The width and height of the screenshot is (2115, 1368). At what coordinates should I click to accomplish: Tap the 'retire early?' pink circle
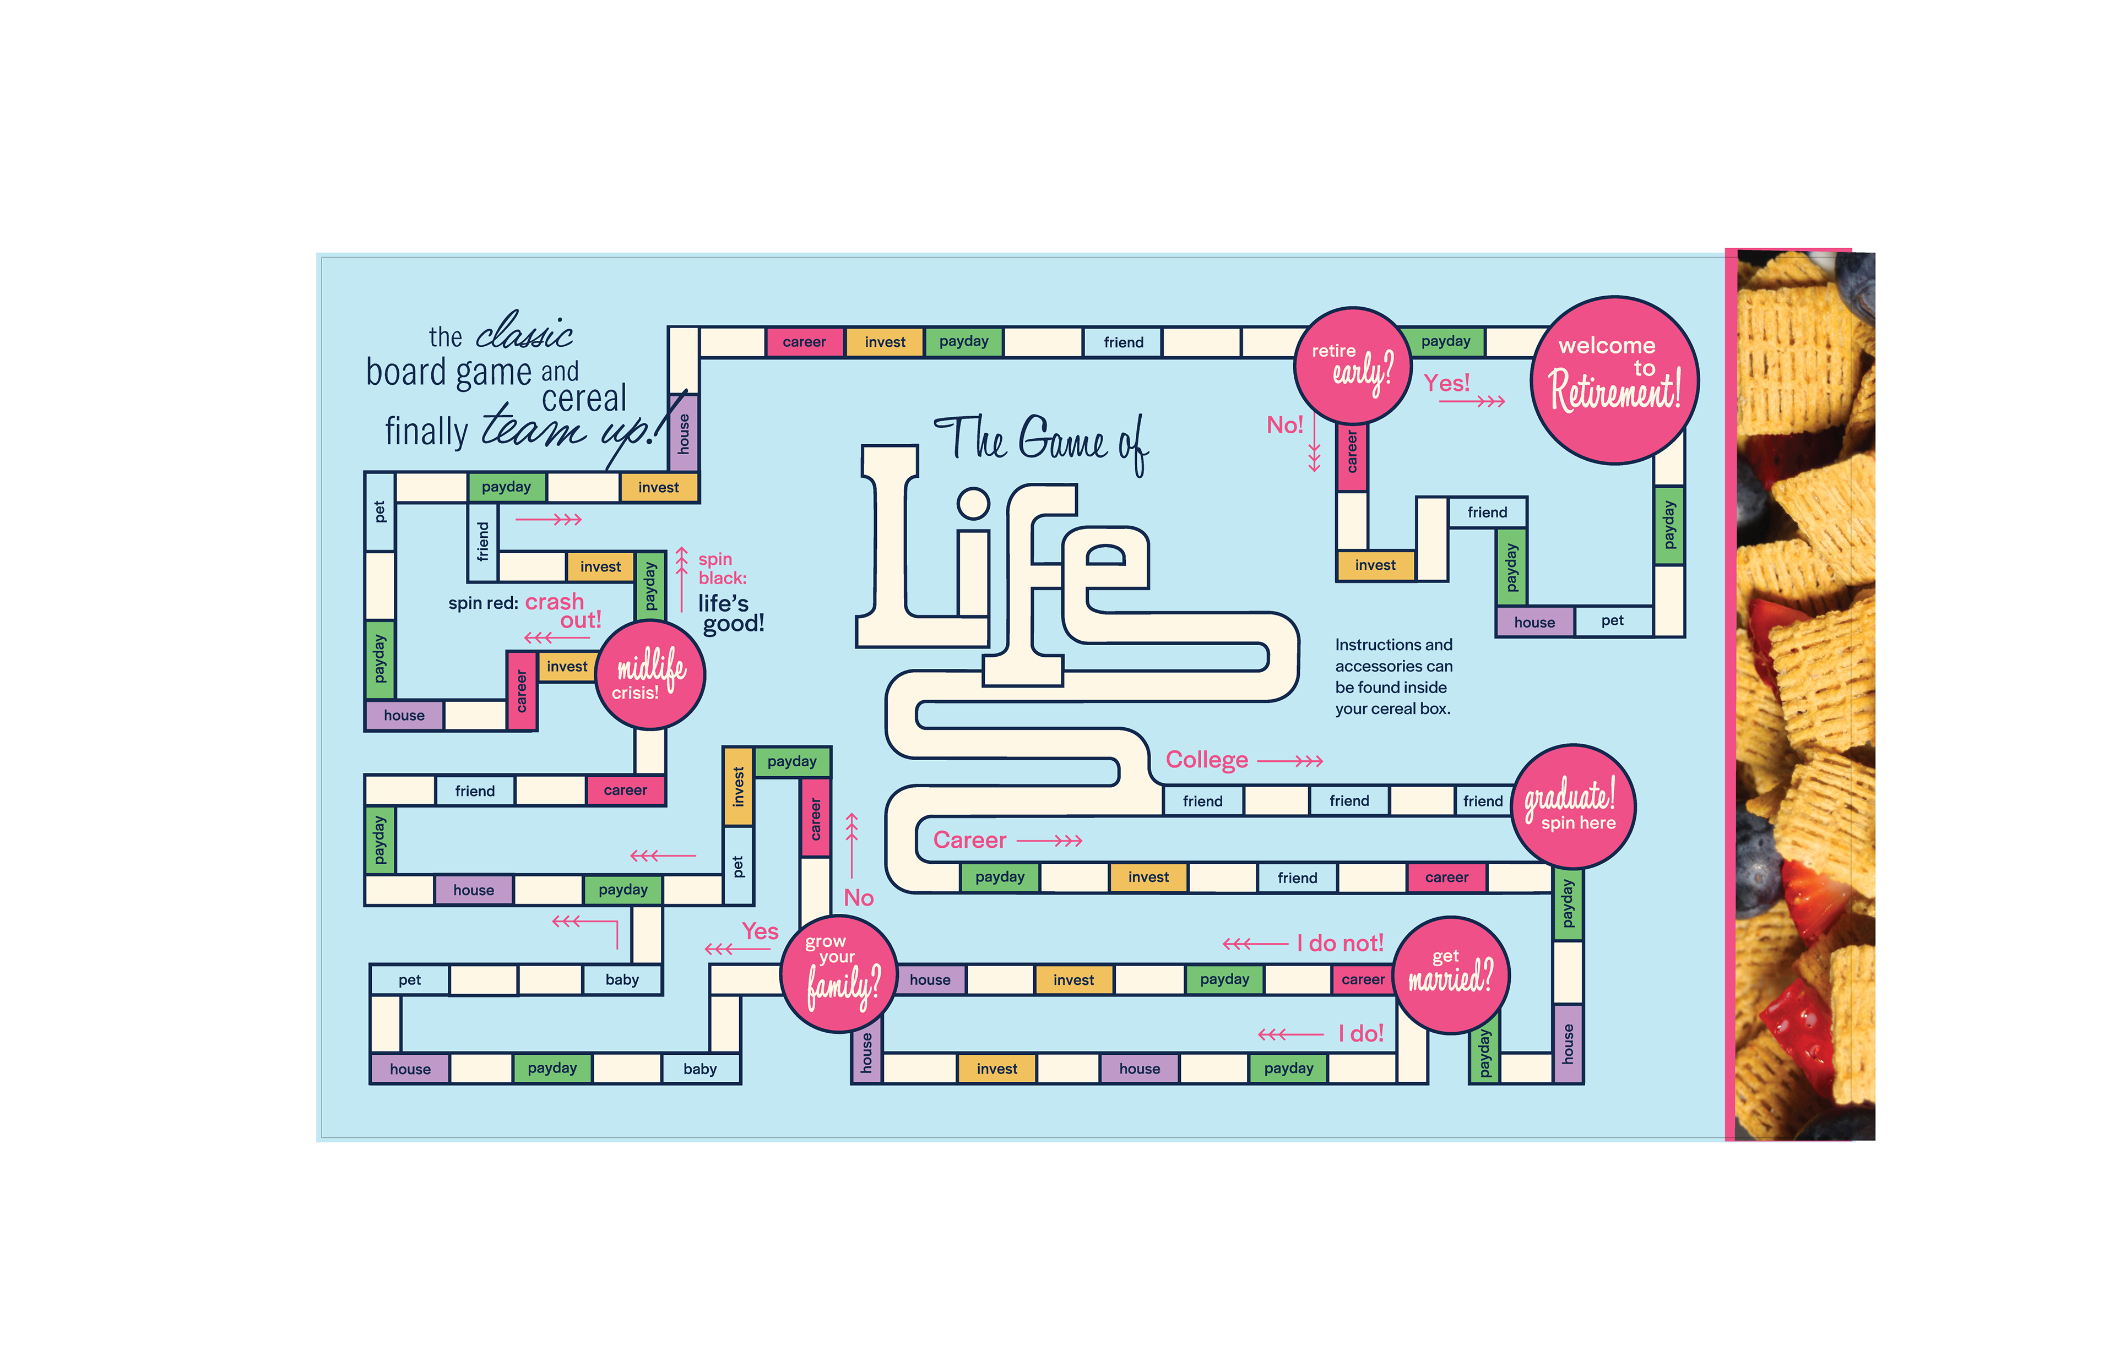pyautogui.click(x=1352, y=365)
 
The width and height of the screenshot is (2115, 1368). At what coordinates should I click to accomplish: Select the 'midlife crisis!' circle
pyautogui.click(x=649, y=674)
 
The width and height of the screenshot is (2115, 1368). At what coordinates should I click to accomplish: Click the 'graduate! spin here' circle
pyautogui.click(x=1573, y=806)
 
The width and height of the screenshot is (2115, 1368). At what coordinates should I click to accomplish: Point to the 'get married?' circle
pyautogui.click(x=1450, y=974)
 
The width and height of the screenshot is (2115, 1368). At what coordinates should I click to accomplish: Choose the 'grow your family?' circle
pyautogui.click(x=838, y=974)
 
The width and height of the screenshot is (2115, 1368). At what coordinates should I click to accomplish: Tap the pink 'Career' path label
pyautogui.click(x=969, y=840)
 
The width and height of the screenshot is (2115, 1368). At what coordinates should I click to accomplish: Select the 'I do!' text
pyautogui.click(x=1360, y=1033)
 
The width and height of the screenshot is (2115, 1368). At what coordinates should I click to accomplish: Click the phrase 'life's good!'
pyautogui.click(x=730, y=613)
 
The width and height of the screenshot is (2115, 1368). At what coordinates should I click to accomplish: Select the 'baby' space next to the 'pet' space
pyautogui.click(x=622, y=980)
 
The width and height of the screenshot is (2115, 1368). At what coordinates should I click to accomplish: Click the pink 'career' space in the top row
pyautogui.click(x=804, y=342)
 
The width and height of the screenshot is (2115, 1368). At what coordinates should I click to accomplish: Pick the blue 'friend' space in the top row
pyautogui.click(x=1123, y=342)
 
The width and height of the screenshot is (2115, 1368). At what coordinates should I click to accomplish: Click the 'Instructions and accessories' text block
pyautogui.click(x=1393, y=676)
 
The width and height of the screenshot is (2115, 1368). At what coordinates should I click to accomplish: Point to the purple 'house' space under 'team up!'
pyautogui.click(x=684, y=433)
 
